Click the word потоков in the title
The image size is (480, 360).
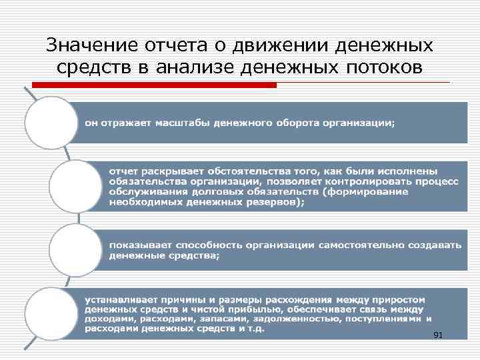[x=384, y=67]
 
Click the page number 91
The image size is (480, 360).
[x=438, y=335]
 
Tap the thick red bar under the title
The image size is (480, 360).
[x=154, y=85]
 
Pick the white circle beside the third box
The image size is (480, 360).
[x=75, y=248]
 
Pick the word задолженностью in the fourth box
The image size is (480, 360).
[x=293, y=318]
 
